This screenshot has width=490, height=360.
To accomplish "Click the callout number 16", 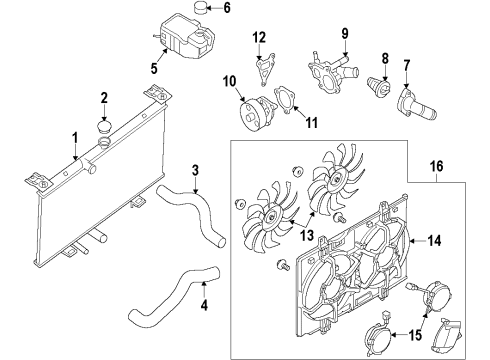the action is point(437,166).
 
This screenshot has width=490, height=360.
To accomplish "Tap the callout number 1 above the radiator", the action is point(75,138).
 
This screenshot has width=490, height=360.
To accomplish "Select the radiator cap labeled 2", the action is point(105,127).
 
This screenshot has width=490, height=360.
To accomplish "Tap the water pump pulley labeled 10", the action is point(257,113).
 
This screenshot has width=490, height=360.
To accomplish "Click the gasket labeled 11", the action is point(284,99).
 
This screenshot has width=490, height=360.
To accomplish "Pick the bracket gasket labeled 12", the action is point(265,69).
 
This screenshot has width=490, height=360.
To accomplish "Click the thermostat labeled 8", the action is point(379,88).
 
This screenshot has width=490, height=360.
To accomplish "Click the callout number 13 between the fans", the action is point(307,235).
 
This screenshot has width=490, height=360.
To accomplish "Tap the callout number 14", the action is point(434,241).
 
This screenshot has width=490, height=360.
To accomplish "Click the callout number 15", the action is point(415,335).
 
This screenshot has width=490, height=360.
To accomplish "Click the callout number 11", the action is point(312,123).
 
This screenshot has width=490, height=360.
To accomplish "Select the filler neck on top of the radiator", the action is point(104,142).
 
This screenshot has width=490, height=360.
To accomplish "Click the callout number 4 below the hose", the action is point(204,305).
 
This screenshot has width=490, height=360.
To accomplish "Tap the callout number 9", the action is point(345,33).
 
